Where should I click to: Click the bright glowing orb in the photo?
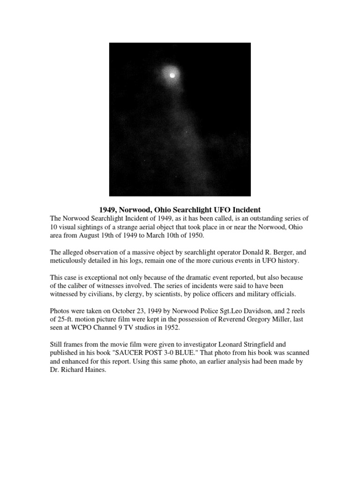pos(172,75)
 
